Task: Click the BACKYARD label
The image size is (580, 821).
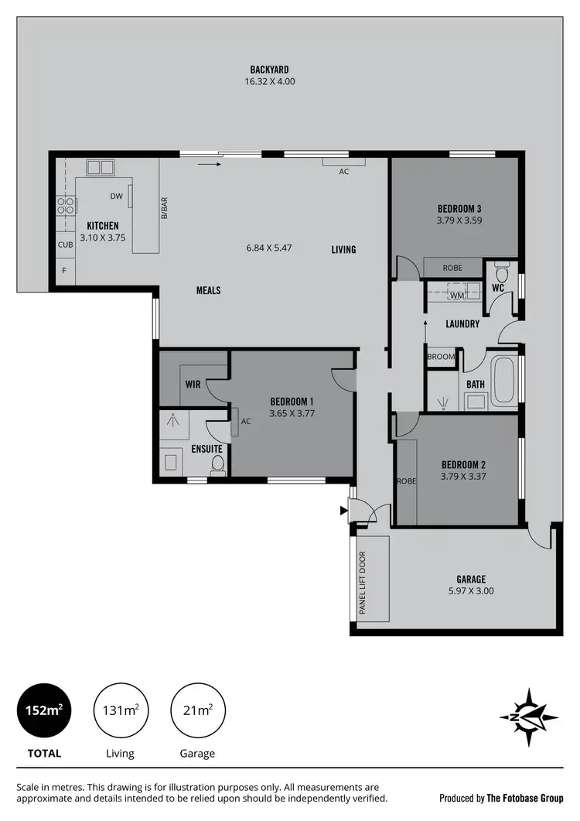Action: point(269,70)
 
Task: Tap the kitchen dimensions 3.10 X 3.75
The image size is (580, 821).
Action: point(102,238)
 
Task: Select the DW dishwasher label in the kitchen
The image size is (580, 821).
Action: point(117,197)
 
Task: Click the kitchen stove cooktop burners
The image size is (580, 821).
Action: point(66,206)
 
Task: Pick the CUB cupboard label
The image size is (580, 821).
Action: point(65,245)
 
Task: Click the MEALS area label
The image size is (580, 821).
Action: point(208,290)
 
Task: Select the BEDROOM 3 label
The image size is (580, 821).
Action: point(459,208)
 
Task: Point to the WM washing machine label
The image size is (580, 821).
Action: point(456,295)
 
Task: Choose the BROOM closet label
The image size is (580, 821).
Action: point(441,357)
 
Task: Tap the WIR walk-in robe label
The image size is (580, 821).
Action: point(193,384)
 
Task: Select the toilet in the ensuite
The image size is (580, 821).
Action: point(218,464)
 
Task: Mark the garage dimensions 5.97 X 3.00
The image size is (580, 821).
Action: point(470,591)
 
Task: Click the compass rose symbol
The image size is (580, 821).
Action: point(528,717)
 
